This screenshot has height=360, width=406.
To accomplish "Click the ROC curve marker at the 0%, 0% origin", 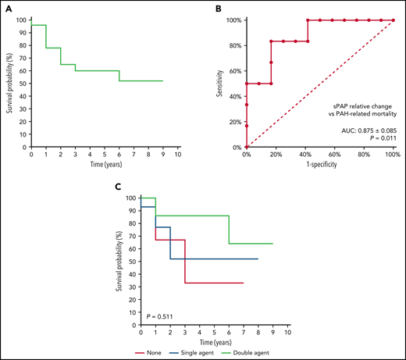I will [x=247, y=147].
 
